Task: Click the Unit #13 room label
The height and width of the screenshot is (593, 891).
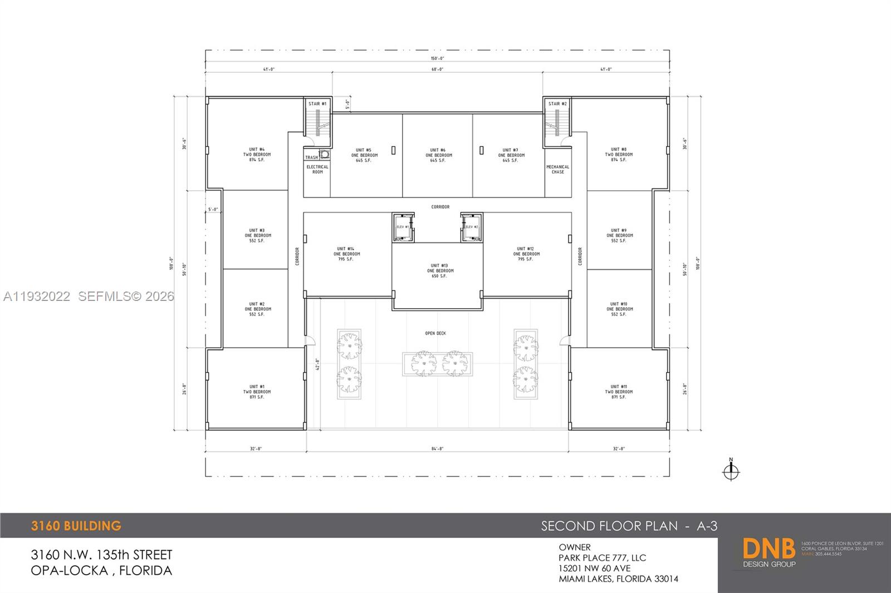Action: coord(439,271)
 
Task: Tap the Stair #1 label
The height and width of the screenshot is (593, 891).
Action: coord(317,104)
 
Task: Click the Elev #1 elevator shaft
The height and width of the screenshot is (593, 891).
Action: coord(403,227)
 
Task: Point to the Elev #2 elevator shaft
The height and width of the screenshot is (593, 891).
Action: coord(471,227)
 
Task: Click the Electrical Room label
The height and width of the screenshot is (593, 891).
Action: coord(317,169)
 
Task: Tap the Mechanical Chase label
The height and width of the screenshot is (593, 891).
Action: coord(557,169)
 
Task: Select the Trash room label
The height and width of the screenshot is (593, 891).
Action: coord(311,157)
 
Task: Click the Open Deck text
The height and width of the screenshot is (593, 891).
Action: coord(435,333)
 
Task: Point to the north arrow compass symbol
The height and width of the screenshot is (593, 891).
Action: coord(731,471)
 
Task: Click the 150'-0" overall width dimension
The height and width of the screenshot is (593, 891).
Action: coord(437,58)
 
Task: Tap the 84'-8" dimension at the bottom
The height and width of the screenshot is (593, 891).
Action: coord(437,448)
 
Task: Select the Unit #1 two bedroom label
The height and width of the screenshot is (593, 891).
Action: coord(257,392)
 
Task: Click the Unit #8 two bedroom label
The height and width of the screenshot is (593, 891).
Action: coord(618,155)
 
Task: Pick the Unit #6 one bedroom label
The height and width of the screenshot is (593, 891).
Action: coord(438,155)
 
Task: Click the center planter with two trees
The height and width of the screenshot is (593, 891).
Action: coord(438,364)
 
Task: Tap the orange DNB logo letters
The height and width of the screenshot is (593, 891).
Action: coord(768,548)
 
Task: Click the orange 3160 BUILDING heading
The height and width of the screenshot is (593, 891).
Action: coord(76,526)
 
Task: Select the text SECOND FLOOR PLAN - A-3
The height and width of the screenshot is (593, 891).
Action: coord(629,526)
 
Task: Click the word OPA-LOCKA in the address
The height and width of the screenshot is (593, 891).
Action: coord(69,570)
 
